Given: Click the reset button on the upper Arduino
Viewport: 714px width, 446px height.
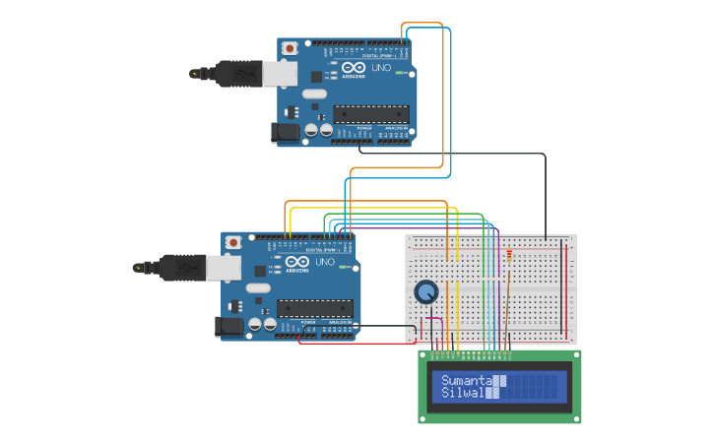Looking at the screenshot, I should tap(291, 48).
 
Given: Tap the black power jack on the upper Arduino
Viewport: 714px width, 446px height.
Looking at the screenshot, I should tap(286, 132).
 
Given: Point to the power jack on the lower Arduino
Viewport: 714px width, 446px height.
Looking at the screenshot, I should tap(229, 326).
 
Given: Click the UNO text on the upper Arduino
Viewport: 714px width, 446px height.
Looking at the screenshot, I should tap(382, 68).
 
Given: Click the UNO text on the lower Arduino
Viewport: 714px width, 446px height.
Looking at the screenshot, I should tap(326, 262).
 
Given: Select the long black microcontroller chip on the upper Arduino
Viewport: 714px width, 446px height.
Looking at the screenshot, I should tap(370, 113).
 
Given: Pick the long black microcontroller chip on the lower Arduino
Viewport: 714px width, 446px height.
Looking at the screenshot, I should tap(313, 307).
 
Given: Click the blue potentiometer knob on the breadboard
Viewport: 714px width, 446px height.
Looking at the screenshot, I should tap(426, 292).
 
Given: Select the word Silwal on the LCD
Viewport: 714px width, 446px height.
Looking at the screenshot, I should tap(462, 393).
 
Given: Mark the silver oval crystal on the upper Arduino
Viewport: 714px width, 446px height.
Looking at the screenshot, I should tap(313, 95).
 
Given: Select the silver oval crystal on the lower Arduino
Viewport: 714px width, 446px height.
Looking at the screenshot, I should tap(257, 288).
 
